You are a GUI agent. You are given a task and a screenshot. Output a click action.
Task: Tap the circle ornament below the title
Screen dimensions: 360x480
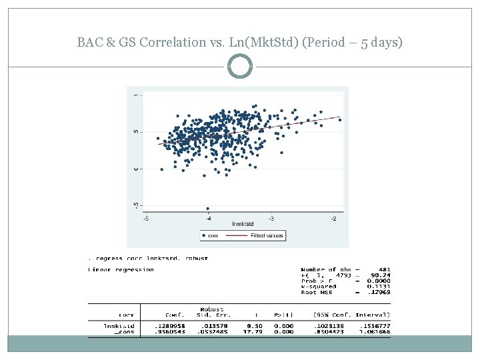pos(240,67)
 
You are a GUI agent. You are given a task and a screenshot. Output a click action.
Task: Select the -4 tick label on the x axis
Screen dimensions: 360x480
pos(208,218)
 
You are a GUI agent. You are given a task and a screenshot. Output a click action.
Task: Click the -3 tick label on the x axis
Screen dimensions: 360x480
pos(271,218)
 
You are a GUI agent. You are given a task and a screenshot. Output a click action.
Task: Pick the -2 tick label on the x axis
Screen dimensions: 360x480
pos(333,218)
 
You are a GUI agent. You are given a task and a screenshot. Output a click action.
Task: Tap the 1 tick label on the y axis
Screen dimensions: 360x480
pos(136,95)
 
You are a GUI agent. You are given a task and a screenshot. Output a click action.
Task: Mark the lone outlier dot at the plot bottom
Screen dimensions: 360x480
pos(208,209)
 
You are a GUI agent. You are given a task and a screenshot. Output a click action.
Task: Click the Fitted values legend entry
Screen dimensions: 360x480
pos(267,235)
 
